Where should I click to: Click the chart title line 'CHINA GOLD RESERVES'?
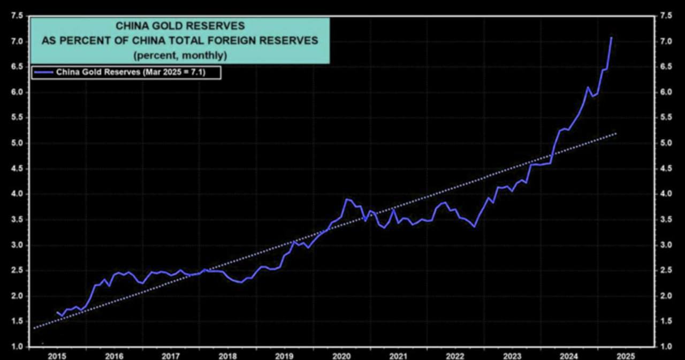(x=180, y=26)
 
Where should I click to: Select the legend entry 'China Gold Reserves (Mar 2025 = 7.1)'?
(x=138, y=72)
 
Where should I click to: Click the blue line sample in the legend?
(x=43, y=72)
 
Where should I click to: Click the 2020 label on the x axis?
(x=341, y=355)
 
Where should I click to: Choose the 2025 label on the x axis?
(x=625, y=355)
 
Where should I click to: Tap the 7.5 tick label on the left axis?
(x=17, y=16)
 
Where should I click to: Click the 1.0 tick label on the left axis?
(x=17, y=347)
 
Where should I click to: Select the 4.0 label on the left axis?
(x=17, y=194)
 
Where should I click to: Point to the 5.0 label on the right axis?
(x=666, y=143)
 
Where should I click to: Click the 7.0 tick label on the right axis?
(x=666, y=41)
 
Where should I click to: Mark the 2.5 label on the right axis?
(x=666, y=270)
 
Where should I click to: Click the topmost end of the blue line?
(x=611, y=37)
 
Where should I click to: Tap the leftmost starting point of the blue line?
(x=57, y=312)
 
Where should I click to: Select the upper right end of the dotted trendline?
(x=616, y=133)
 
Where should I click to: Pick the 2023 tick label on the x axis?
(x=512, y=355)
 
